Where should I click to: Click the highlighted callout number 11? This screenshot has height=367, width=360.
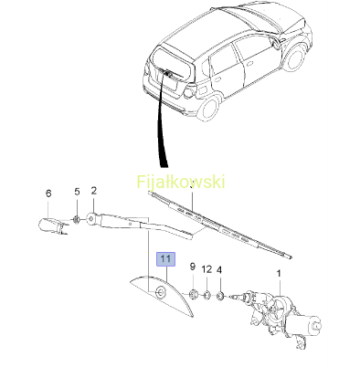point(165,259)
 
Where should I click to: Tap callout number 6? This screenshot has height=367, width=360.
point(48,194)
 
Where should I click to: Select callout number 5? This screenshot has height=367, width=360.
point(77,192)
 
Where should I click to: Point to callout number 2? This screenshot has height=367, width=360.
point(94,191)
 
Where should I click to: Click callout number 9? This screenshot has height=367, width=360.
point(193,267)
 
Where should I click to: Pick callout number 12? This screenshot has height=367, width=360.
point(206,269)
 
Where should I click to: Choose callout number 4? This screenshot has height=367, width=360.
point(219,270)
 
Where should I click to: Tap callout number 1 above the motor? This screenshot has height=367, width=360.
point(279,273)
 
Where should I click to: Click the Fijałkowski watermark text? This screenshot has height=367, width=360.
point(181,182)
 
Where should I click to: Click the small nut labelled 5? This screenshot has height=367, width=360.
point(77,219)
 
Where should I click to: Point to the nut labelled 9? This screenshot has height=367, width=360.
point(193,294)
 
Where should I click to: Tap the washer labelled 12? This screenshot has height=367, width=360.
point(206,295)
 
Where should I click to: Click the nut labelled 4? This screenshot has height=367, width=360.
point(220,295)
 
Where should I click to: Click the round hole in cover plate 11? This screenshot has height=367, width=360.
point(160,292)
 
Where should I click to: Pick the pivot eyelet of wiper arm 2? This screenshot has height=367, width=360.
point(90,218)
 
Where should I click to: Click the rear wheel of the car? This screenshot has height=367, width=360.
point(208,109)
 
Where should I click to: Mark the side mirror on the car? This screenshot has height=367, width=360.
point(277,45)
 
